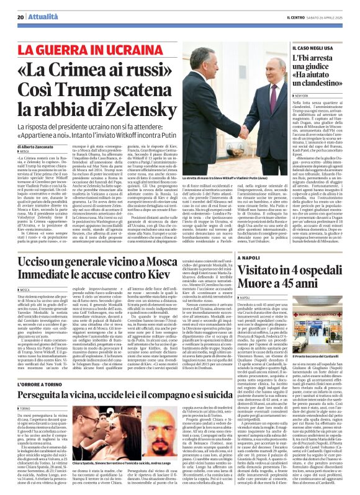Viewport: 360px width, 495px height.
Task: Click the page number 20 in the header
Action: click(x=20, y=17)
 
